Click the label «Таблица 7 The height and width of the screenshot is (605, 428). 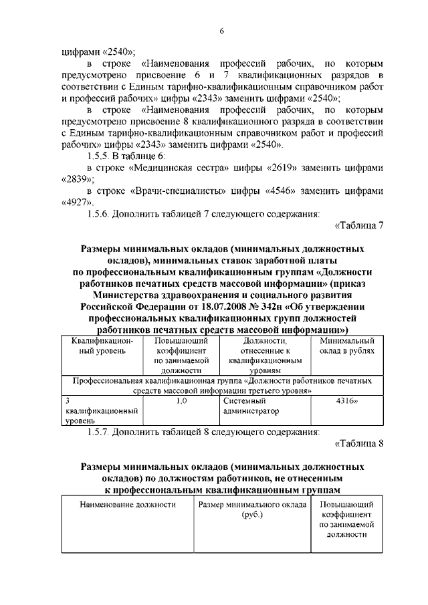pyautogui.click(x=359, y=226)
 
